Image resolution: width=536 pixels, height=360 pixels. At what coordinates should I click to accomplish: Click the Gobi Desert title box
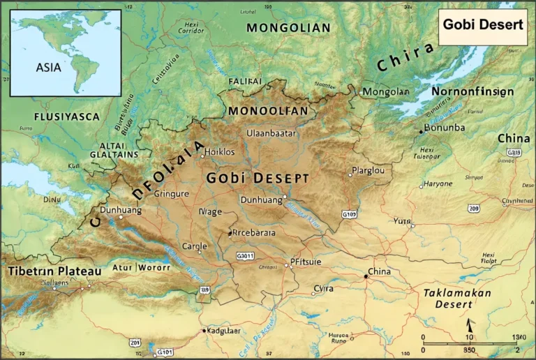point(482,25)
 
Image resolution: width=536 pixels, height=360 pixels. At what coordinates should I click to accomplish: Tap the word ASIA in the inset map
point(49,68)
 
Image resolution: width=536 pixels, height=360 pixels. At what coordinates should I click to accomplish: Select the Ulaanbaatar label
point(271,133)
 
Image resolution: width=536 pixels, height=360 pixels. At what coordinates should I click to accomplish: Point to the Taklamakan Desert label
point(458,299)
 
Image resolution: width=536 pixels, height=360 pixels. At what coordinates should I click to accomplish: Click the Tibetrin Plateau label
point(54,271)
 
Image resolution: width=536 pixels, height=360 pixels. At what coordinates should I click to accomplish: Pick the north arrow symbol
point(470,325)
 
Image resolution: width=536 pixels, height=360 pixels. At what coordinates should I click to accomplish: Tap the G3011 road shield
point(245,255)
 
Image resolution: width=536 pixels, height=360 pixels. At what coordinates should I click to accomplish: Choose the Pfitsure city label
point(306,262)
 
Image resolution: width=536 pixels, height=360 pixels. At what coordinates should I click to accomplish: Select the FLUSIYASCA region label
point(67,117)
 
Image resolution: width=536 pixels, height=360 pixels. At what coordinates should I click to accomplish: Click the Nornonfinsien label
point(472,91)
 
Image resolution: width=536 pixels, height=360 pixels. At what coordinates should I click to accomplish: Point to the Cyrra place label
point(323,288)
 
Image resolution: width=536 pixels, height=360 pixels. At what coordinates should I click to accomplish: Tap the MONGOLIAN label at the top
point(288,28)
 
